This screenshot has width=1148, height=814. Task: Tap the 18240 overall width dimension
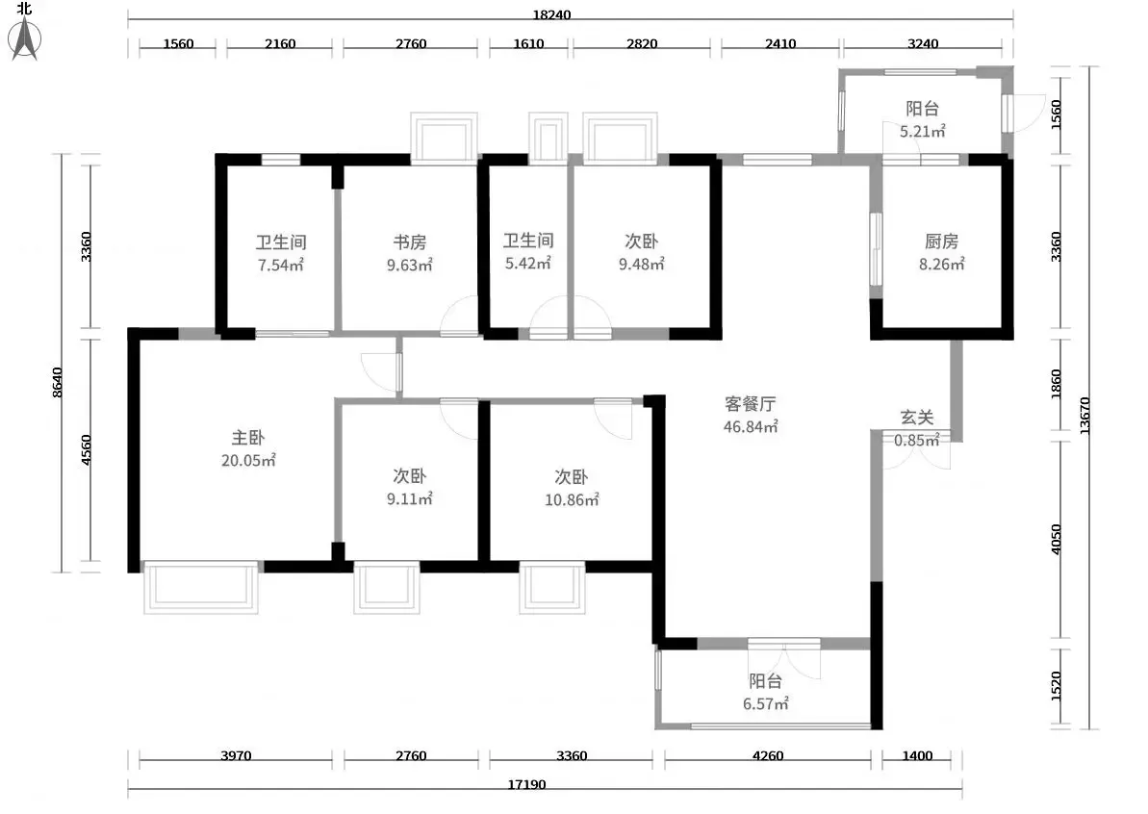click(551, 14)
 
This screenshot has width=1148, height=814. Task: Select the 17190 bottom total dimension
click(526, 785)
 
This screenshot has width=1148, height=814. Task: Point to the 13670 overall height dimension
click(1085, 416)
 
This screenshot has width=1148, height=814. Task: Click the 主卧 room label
click(248, 438)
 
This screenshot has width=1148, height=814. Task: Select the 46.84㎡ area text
click(751, 427)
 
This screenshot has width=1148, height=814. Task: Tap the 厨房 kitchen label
click(941, 241)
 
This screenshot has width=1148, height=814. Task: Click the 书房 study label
click(409, 242)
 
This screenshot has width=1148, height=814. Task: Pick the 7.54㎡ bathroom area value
click(280, 265)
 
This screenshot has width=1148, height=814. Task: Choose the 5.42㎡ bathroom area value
click(528, 264)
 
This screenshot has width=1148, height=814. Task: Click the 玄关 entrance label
click(917, 418)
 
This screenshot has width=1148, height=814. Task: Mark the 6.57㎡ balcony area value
click(766, 704)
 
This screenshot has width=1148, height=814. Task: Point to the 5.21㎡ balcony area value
click(923, 132)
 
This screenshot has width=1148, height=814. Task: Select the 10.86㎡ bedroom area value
click(572, 500)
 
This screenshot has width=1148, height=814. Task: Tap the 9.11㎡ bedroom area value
click(409, 499)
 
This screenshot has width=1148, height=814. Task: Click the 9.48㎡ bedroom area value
click(641, 265)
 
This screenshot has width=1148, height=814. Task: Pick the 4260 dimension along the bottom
click(768, 755)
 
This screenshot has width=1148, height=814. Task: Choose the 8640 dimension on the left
click(57, 382)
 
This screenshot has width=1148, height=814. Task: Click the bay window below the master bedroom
click(200, 587)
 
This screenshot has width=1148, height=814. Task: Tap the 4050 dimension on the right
click(1056, 539)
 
